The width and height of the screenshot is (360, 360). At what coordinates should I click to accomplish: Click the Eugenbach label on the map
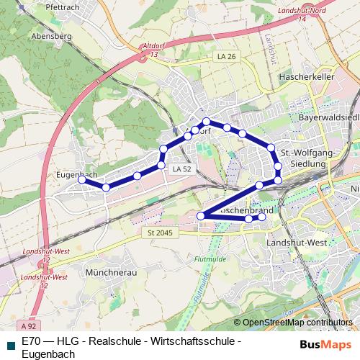(x=76, y=174)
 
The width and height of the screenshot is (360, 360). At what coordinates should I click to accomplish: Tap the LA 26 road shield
(x=226, y=56)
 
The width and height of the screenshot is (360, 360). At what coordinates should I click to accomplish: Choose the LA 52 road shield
(x=181, y=168)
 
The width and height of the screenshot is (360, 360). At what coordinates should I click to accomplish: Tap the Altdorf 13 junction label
(x=156, y=50)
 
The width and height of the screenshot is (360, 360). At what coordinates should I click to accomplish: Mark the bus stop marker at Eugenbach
(x=83, y=180)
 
